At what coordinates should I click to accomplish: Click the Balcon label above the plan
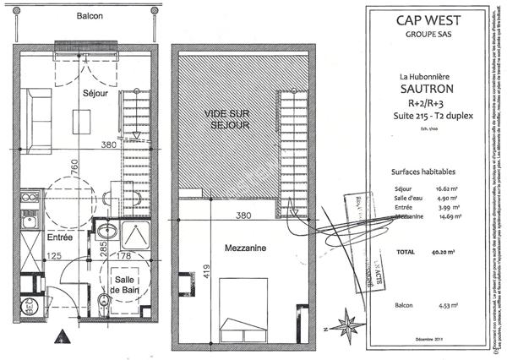point(89,17)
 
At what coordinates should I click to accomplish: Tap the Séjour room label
point(95,95)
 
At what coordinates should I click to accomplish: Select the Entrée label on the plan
point(59,238)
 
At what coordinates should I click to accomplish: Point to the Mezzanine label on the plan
point(223,249)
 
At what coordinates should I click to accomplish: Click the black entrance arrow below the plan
point(61,337)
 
